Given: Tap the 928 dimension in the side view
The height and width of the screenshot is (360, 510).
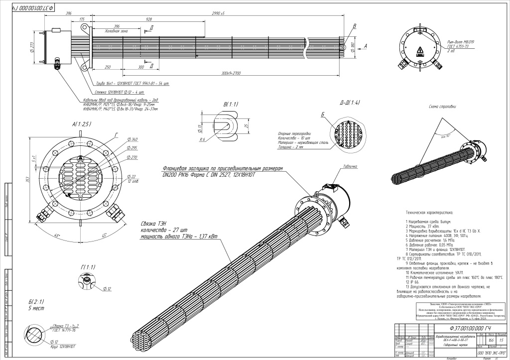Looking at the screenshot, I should click(x=149, y=19).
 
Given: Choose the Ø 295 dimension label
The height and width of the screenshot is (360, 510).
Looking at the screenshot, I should click(x=118, y=148).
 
